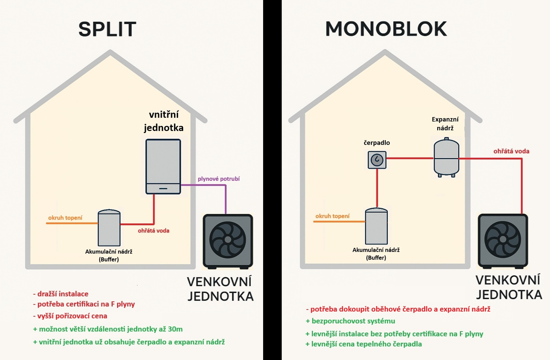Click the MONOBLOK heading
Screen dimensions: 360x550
[385, 29]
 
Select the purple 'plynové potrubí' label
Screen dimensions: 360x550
[218, 179]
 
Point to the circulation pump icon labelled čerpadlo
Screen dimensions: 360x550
[377, 160]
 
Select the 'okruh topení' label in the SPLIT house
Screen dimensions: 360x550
[65, 218]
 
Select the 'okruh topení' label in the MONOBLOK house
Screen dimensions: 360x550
[332, 216]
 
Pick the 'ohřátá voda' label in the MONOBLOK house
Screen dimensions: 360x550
[511, 151]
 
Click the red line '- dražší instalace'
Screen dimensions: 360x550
[61, 294]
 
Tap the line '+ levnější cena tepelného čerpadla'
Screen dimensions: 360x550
[366, 344]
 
